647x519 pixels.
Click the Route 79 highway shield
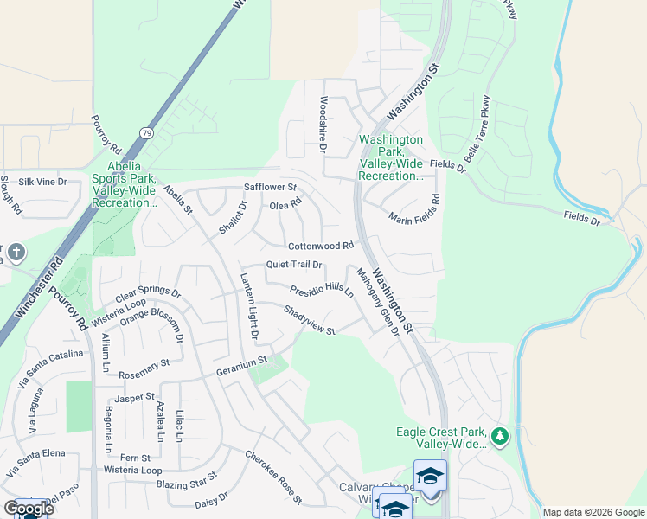click(x=146, y=132)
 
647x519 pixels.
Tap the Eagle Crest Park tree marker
click(x=499, y=432)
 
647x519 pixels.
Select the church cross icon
click(x=16, y=253)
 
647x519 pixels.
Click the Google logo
click(x=29, y=509)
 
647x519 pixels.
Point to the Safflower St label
click(x=270, y=187)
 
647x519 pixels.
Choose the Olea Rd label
click(x=285, y=204)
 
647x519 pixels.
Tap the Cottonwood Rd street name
click(x=321, y=246)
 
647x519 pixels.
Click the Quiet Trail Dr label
click(x=294, y=265)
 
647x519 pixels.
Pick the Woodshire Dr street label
click(x=323, y=125)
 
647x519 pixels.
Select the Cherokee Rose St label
click(x=273, y=477)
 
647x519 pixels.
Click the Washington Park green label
click(x=391, y=157)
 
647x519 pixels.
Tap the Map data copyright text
click(x=593, y=512)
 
